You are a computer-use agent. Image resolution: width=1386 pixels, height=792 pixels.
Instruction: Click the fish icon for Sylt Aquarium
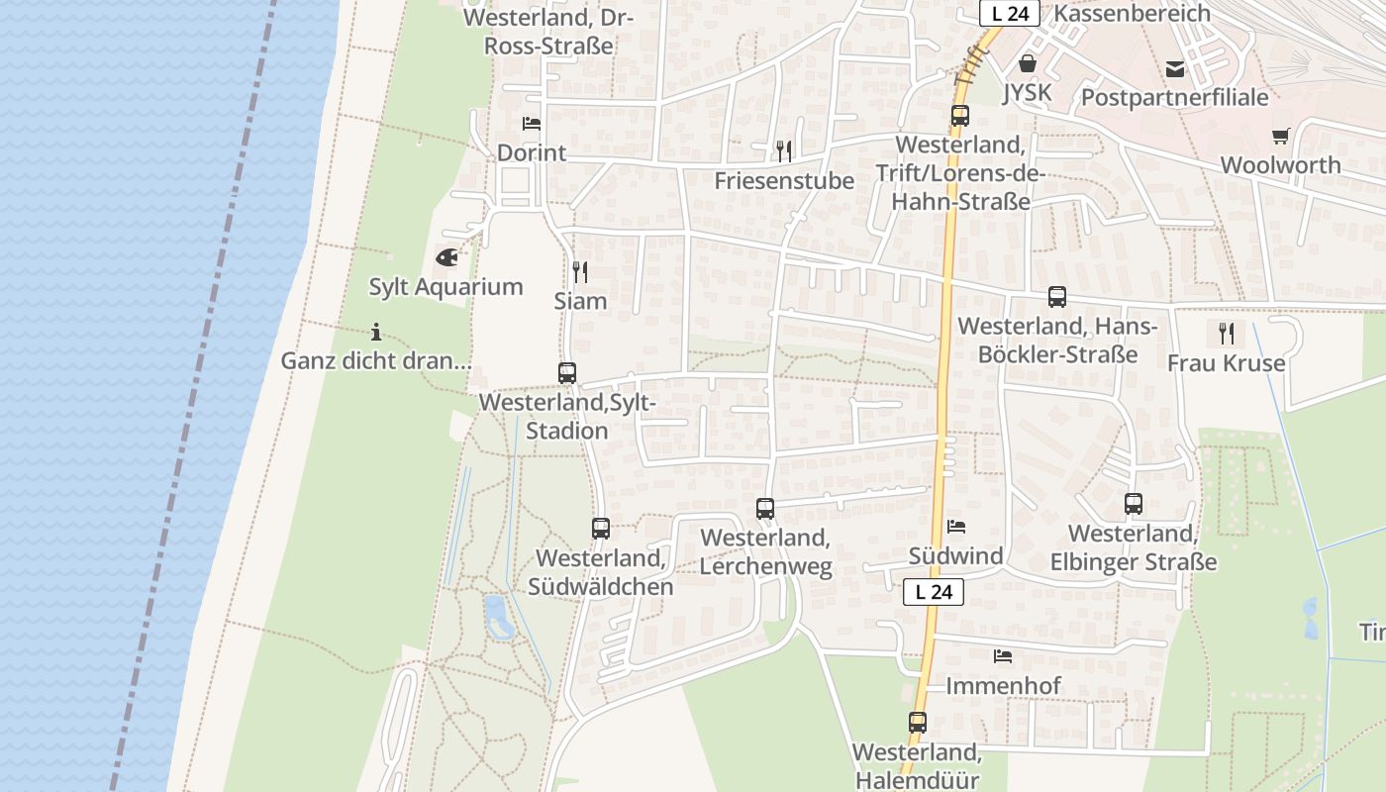pos(446,257)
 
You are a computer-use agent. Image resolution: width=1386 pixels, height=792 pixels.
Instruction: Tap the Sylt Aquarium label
pos(445,287)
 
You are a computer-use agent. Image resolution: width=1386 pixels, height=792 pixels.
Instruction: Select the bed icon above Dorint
pos(532,124)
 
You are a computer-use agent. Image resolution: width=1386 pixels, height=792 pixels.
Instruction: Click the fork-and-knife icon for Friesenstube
pos(784,150)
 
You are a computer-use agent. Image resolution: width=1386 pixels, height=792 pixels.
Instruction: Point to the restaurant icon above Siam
pos(580,271)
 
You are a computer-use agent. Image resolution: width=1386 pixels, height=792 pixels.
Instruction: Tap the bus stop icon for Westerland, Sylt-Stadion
pos(567,373)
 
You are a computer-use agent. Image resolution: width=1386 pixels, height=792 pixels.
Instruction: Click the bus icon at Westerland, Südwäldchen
pos(601,529)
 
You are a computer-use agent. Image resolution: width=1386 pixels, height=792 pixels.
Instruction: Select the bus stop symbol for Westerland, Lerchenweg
pos(765,509)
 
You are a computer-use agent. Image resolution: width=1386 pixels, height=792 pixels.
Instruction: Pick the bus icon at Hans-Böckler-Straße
pos(1057,297)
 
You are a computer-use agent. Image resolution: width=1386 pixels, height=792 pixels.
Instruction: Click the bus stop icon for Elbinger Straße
pos(1134,504)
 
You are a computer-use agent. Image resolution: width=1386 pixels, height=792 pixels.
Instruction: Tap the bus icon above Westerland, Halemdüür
pos(918,723)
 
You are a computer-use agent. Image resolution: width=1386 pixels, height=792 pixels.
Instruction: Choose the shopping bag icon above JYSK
pos(1028,64)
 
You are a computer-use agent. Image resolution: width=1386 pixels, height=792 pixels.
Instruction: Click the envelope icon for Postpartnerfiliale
pos(1175,68)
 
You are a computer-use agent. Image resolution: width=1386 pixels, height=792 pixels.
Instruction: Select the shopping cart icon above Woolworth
pos(1281,136)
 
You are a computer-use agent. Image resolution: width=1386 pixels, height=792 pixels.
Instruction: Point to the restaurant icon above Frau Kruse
pos(1227,333)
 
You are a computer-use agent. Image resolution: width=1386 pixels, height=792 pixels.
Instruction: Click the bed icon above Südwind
pos(956,527)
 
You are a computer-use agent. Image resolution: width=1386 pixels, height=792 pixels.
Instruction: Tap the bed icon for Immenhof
pos(1003,655)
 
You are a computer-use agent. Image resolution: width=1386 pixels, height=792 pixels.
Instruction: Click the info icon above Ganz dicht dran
pos(376,332)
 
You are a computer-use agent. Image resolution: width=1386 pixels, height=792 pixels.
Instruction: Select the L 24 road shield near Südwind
pos(934,592)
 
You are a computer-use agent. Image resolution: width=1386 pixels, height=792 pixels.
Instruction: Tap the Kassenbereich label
pos(1133,13)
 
